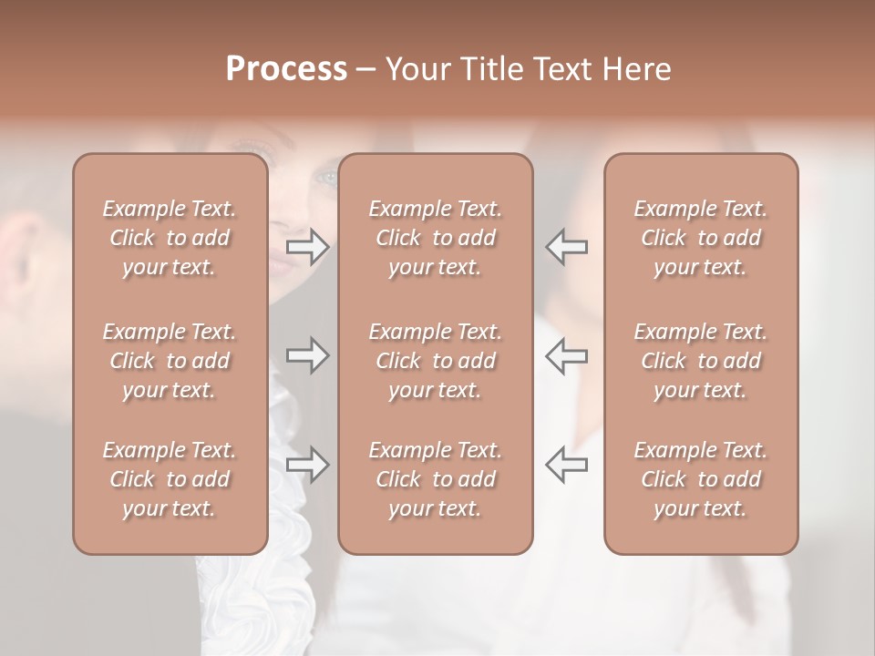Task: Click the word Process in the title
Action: pos(286,69)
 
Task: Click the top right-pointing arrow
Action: pos(307,247)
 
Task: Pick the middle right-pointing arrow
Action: pos(307,355)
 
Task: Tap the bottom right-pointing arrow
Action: pos(307,465)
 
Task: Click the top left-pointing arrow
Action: pos(567,247)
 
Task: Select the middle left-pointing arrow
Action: pos(567,355)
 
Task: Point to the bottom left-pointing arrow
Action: pos(567,465)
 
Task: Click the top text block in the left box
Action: pos(170,238)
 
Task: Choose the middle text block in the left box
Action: pos(170,361)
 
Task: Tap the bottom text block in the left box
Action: pos(170,479)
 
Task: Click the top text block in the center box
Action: pos(435,238)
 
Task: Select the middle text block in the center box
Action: pos(435,361)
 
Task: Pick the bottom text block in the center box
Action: pos(435,479)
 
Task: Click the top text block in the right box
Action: pos(700,238)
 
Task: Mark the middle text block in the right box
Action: pos(700,361)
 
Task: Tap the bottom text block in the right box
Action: pos(700,479)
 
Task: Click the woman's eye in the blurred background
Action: pos(326,177)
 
